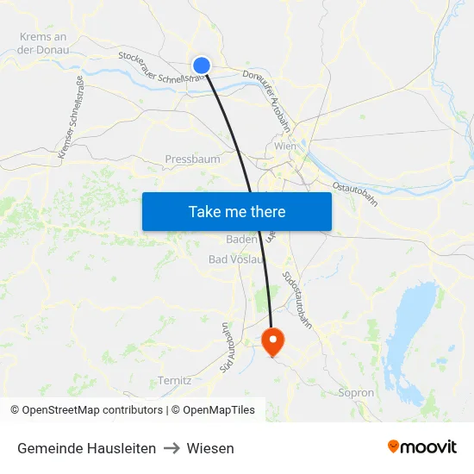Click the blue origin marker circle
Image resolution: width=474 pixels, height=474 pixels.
[202, 65]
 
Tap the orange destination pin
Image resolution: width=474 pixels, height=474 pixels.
[273, 340]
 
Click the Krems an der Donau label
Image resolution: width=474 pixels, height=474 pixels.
[42, 43]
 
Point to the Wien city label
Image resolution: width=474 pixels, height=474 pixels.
[284, 146]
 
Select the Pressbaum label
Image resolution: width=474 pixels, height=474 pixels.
[192, 159]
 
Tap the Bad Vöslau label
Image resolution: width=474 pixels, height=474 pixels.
[235, 259]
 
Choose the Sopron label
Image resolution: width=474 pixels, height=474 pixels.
[356, 393]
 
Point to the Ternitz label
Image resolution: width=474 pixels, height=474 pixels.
[174, 380]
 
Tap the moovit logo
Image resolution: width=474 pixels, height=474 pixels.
[421, 447]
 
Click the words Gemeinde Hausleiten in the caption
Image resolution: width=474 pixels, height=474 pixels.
[86, 448]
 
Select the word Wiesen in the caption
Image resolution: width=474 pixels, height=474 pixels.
[210, 448]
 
